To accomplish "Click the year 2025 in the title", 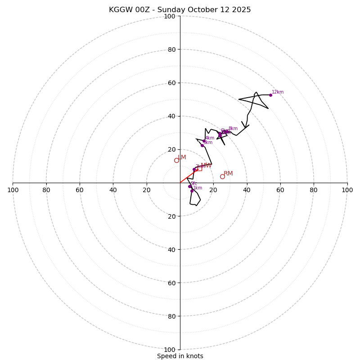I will (242, 10).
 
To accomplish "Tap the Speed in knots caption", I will (180, 356).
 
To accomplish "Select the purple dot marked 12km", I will (270, 95).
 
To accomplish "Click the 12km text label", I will (278, 92).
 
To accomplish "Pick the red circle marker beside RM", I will (222, 176).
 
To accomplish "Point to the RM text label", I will (228, 174).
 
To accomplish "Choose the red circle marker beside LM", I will (176, 160).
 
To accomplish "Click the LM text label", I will (182, 157).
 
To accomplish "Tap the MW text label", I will (206, 166).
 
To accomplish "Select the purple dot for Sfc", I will (189, 186).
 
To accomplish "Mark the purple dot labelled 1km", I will (192, 191).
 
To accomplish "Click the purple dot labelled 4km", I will (204, 141).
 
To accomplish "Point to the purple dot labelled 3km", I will (202, 145).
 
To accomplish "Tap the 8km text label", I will (233, 129).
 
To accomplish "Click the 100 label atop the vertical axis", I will (170, 16).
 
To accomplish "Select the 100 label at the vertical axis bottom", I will (170, 350).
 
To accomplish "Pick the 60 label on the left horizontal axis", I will (80, 190).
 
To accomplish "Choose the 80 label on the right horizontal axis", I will (314, 190).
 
